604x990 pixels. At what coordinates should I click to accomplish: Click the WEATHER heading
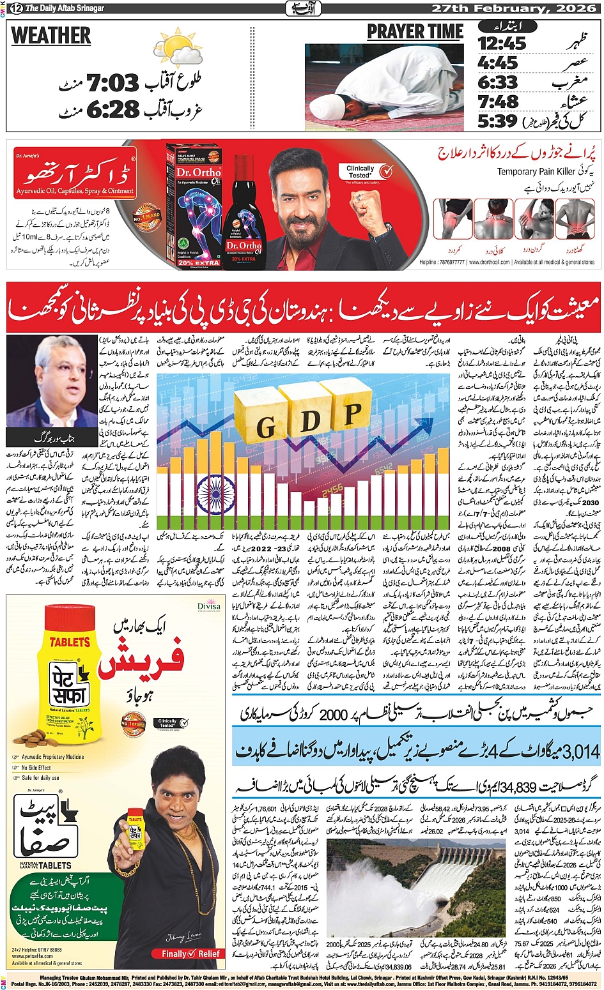coord(51,36)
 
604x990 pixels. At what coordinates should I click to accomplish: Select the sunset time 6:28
coord(112,110)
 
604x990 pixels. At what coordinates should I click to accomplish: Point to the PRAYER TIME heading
coord(415,32)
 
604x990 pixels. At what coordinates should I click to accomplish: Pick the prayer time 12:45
coord(502,43)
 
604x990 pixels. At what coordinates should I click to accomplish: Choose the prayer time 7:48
coord(499,102)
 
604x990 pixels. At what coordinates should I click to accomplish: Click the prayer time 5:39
coord(497,120)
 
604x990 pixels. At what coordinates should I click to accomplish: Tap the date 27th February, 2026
coord(515,8)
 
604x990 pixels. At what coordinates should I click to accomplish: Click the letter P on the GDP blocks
coord(352,415)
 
